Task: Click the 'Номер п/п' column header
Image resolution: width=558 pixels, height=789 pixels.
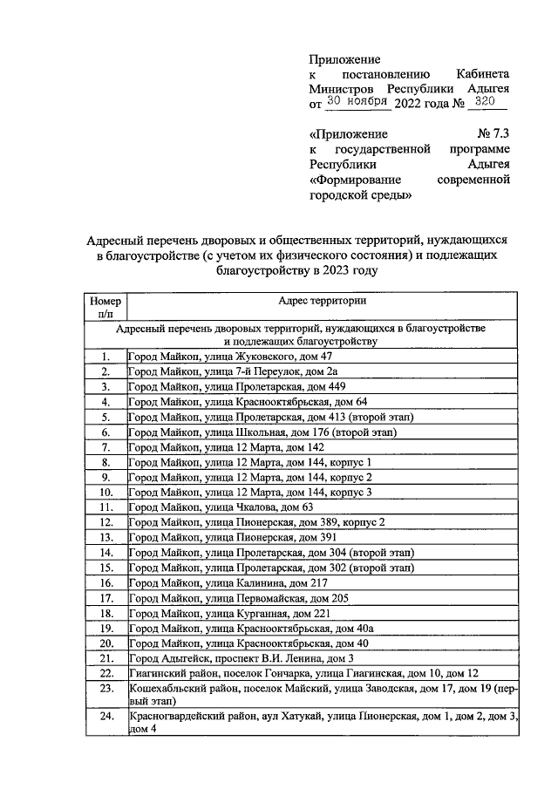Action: tap(105, 308)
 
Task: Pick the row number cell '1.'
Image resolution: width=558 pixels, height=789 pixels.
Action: tap(105, 357)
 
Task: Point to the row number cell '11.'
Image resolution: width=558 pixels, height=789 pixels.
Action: tap(105, 507)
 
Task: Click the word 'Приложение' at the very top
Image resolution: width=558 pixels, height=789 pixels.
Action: tap(345, 59)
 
